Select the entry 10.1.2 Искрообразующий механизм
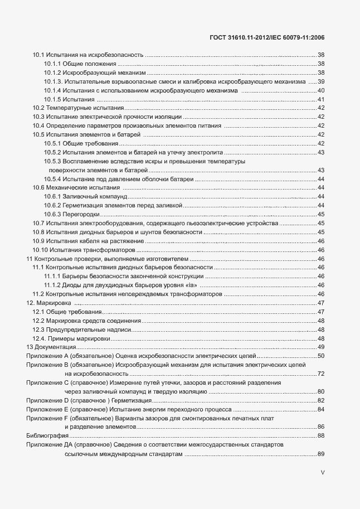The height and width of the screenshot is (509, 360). coord(95,72)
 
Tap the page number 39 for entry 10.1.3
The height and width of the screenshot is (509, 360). coord(321,81)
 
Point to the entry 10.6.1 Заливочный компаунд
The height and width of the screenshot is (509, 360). coord(86,197)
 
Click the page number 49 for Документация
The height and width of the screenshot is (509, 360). coord(321,347)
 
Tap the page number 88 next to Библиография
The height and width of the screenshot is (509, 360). coord(321,435)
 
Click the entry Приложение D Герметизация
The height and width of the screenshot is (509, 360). coord(89,400)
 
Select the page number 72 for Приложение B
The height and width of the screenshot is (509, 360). coord(321,374)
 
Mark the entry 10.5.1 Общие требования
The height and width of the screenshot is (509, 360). coord(81,143)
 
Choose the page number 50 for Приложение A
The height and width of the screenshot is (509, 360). coord(321,356)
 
